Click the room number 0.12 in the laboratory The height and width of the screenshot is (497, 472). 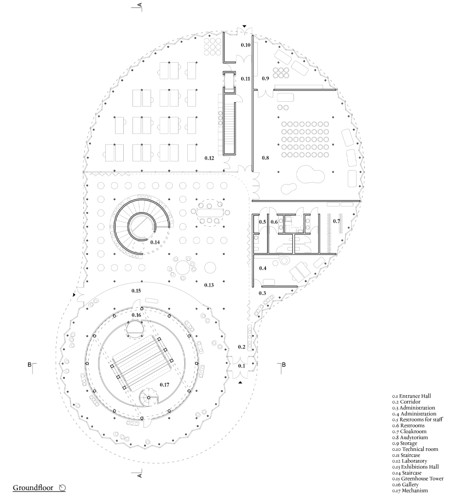tap(209, 158)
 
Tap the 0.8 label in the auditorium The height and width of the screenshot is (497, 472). tap(265, 157)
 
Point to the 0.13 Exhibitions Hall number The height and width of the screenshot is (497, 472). tap(209, 285)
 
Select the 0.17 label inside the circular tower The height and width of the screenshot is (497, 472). tap(164, 384)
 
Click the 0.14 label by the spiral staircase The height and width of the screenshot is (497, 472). tap(155, 242)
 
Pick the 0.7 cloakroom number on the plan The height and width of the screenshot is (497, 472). tap(336, 221)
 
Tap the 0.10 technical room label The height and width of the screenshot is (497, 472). tap(246, 45)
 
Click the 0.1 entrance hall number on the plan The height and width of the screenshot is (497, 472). tap(242, 366)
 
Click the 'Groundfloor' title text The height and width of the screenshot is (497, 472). tap(33, 487)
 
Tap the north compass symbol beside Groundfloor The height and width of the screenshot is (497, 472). tap(62, 487)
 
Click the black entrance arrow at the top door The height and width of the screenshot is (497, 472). tap(245, 26)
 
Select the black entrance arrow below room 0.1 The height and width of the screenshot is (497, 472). tap(240, 383)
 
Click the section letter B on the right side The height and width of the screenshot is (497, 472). tap(283, 365)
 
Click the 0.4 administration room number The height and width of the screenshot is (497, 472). tap(263, 268)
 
